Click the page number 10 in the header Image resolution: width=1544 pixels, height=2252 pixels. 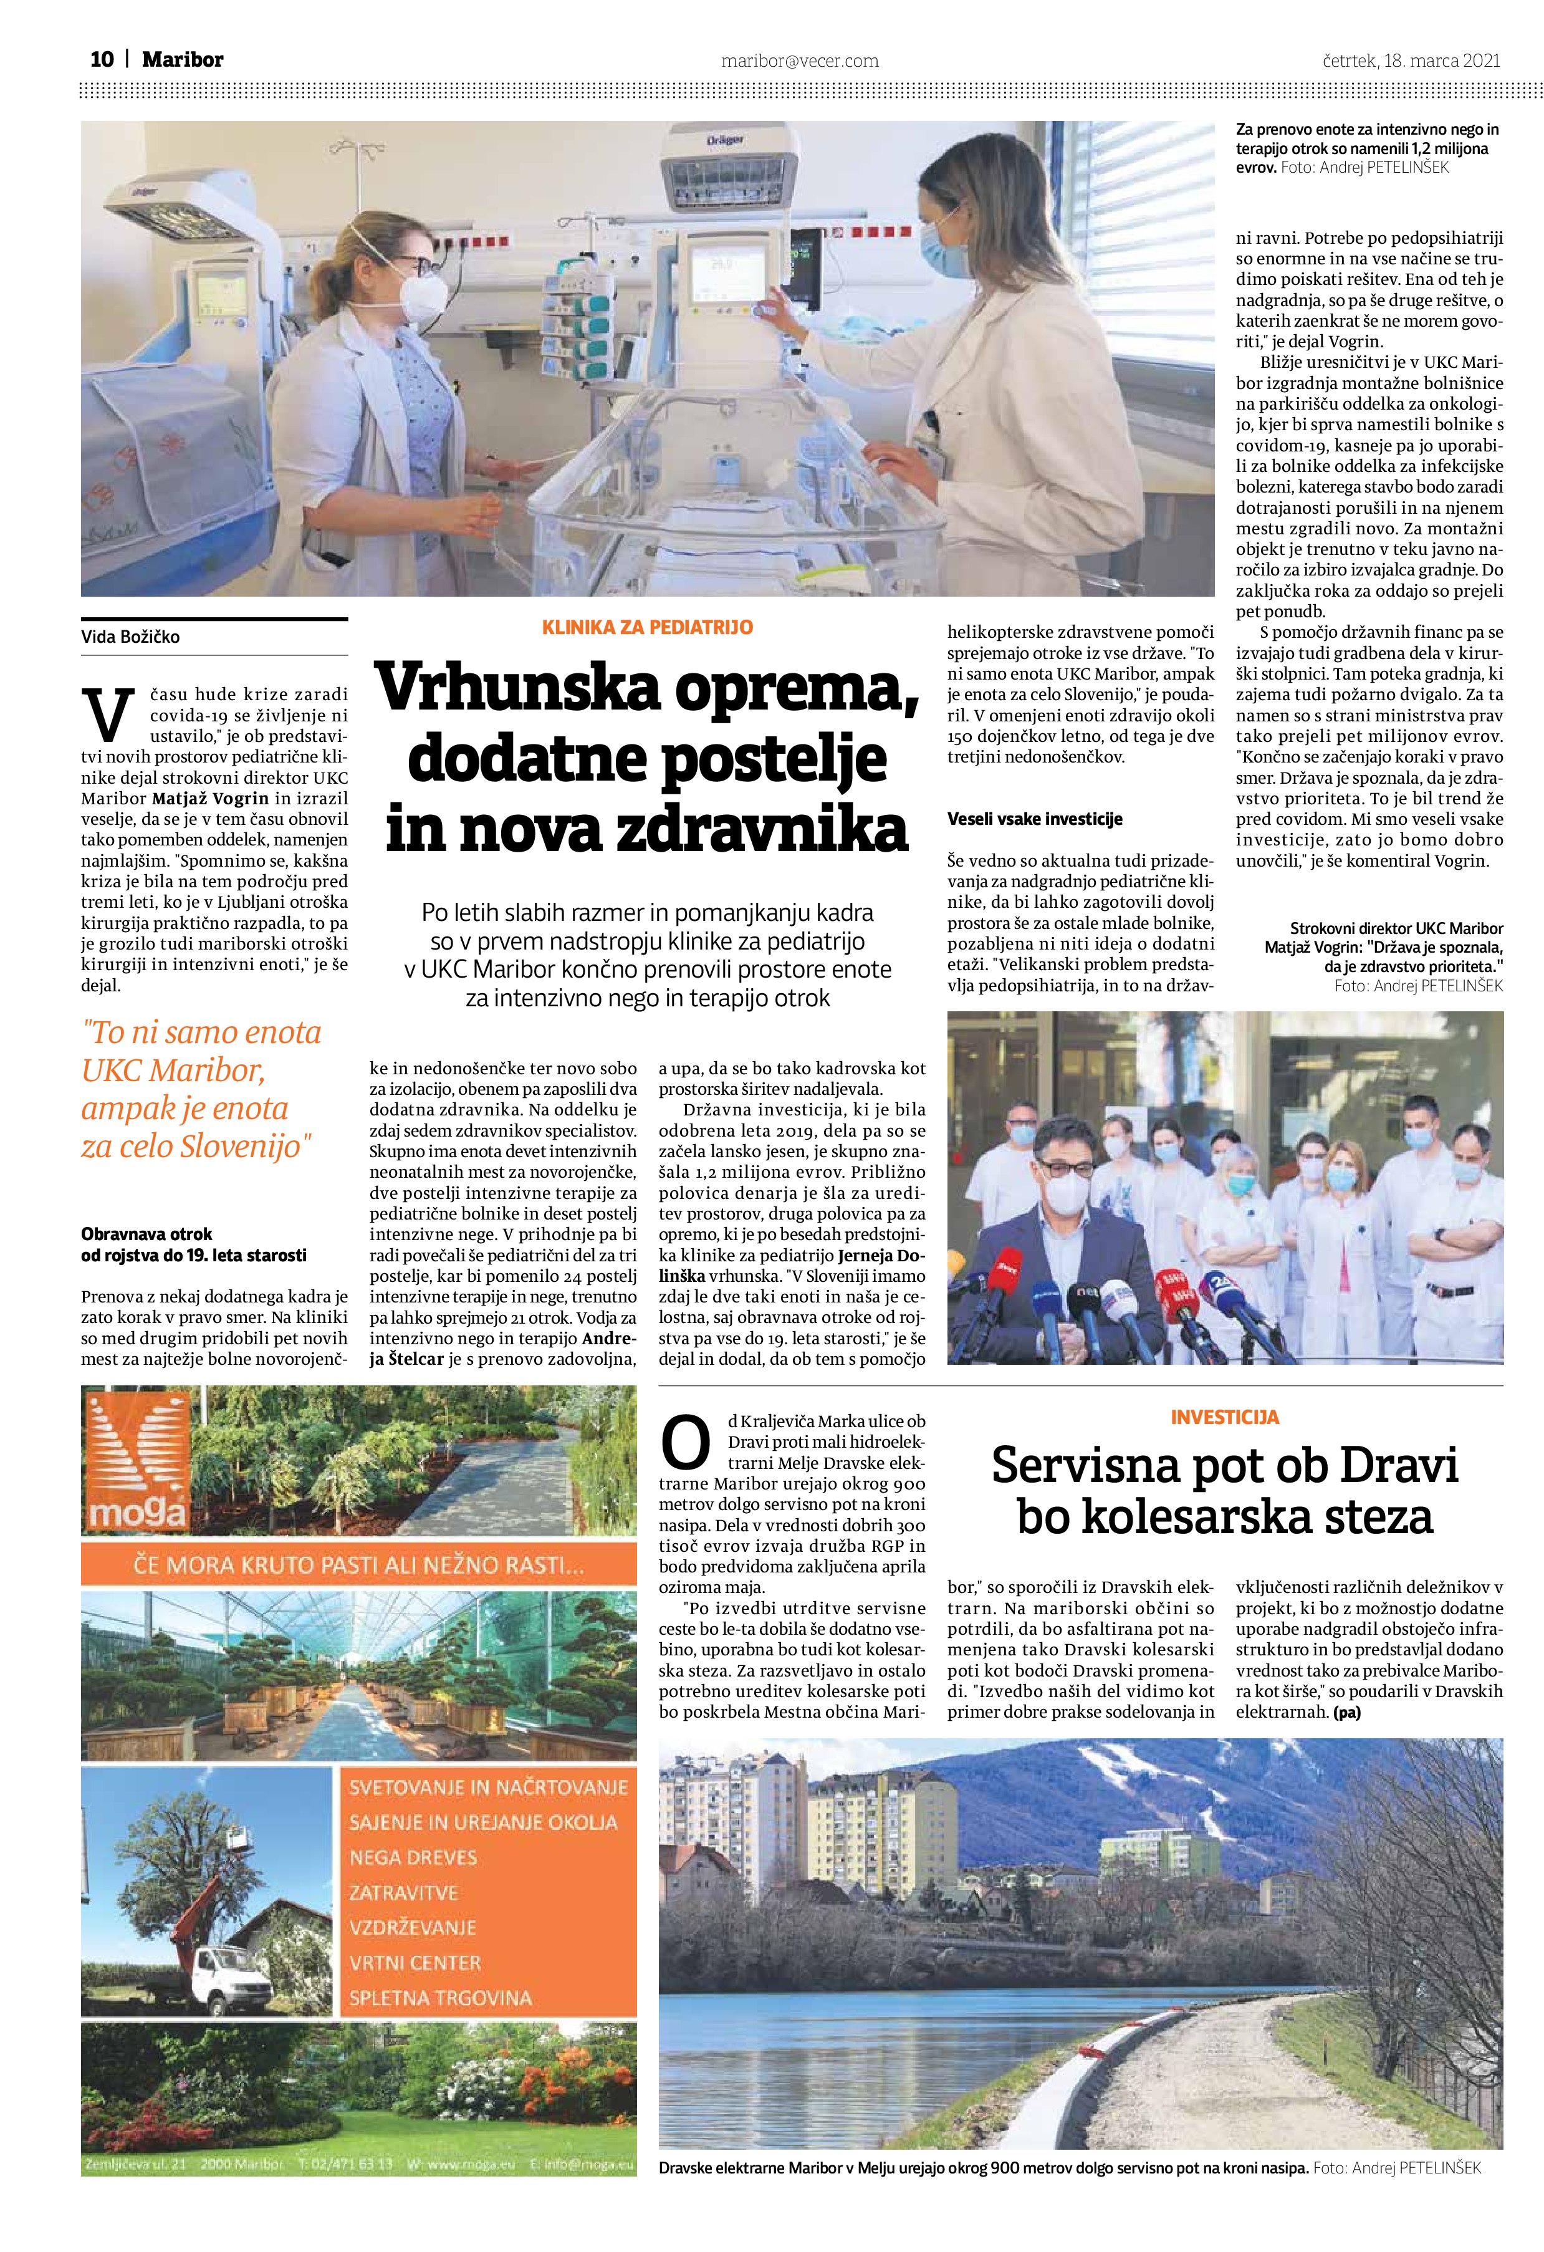pos(101,60)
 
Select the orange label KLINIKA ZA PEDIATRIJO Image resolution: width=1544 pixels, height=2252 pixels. pos(647,627)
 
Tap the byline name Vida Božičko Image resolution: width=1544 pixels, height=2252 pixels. pos(131,637)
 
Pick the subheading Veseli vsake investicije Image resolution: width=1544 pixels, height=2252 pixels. pos(1035,819)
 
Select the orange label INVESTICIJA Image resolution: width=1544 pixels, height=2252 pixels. pos(1224,1417)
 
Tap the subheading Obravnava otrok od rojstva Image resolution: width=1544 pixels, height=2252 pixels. pos(194,1244)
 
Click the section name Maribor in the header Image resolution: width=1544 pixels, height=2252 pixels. pos(182,60)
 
